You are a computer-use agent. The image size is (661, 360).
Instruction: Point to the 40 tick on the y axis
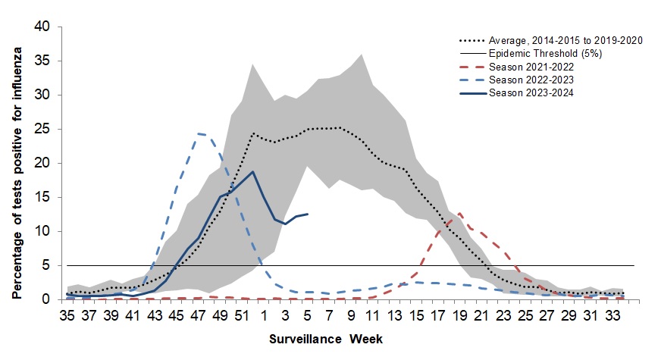44,27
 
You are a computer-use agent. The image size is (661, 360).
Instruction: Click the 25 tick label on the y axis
44,129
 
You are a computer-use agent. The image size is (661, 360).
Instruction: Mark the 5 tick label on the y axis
48,265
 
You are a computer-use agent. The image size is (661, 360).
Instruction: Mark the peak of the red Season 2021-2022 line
459,214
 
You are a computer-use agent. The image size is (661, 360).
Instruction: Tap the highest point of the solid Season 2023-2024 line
252,172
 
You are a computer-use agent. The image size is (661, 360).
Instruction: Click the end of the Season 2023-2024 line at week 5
307,214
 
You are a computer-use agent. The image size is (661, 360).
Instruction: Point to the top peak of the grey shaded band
361,54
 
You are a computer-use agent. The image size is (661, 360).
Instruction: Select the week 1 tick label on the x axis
264,315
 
